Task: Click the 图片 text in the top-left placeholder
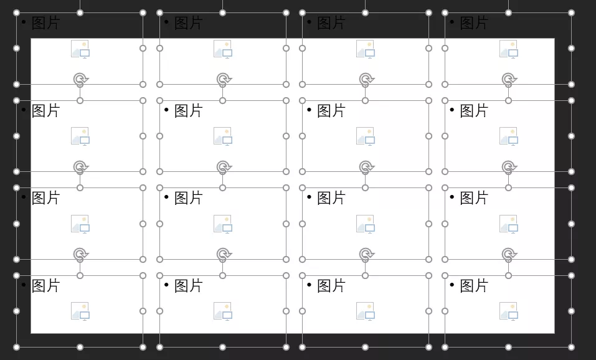point(46,23)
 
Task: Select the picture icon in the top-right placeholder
point(509,49)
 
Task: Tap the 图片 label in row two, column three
point(331,111)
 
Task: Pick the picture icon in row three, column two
point(223,224)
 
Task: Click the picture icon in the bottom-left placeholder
point(80,311)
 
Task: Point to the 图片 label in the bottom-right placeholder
point(474,286)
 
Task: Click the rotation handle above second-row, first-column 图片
point(80,80)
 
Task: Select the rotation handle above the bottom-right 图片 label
point(509,254)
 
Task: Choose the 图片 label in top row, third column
point(331,23)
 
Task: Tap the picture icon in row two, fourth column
point(509,136)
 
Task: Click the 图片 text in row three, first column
point(46,198)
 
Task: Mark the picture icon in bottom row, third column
point(366,311)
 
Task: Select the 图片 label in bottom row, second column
point(189,286)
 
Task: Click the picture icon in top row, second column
point(223,49)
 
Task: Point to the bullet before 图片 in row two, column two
point(166,110)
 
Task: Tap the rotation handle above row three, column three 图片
point(366,167)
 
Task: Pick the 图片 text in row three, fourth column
point(474,198)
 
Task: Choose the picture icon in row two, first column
point(80,136)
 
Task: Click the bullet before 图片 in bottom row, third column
point(309,285)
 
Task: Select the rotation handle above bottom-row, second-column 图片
point(224,254)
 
